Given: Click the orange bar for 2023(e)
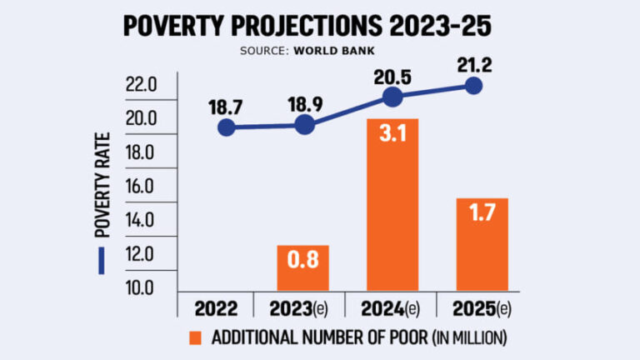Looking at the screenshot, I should click(304, 267).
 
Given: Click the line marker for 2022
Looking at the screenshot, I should click(226, 127).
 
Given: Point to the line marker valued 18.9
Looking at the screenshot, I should click(305, 125).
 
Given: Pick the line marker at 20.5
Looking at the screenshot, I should click(392, 97).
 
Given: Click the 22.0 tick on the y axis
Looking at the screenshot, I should click(142, 85).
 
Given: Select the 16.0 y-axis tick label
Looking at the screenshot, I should click(142, 187).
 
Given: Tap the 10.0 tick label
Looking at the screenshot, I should click(142, 288).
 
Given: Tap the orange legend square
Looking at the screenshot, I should click(196, 338).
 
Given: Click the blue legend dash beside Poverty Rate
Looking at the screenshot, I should click(102, 261).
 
